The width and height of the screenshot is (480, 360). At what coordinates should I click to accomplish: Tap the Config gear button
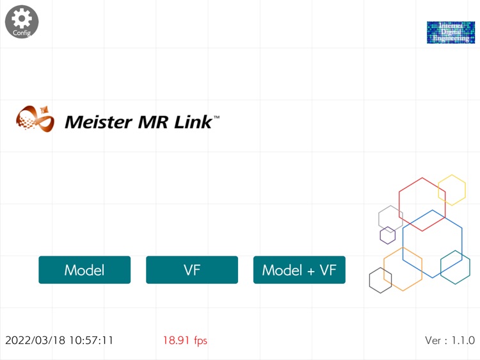click(22, 21)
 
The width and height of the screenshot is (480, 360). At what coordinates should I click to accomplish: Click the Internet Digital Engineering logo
click(451, 32)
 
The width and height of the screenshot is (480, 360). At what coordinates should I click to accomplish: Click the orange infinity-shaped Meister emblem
click(35, 119)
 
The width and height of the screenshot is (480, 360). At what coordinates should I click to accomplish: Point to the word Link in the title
click(195, 122)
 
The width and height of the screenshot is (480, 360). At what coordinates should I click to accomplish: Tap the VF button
click(192, 270)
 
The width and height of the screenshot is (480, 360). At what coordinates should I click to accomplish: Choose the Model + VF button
click(299, 270)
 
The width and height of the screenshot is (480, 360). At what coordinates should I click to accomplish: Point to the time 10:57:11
click(92, 340)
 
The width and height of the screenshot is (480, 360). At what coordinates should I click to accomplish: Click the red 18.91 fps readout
click(184, 340)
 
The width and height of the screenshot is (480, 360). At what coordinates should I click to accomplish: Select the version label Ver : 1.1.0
click(449, 340)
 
